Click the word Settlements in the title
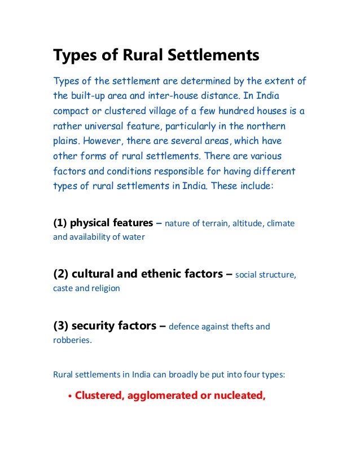(x=216, y=56)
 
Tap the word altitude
(x=243, y=223)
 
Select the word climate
(x=280, y=223)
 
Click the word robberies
(x=72, y=340)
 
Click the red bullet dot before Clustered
(x=69, y=396)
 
